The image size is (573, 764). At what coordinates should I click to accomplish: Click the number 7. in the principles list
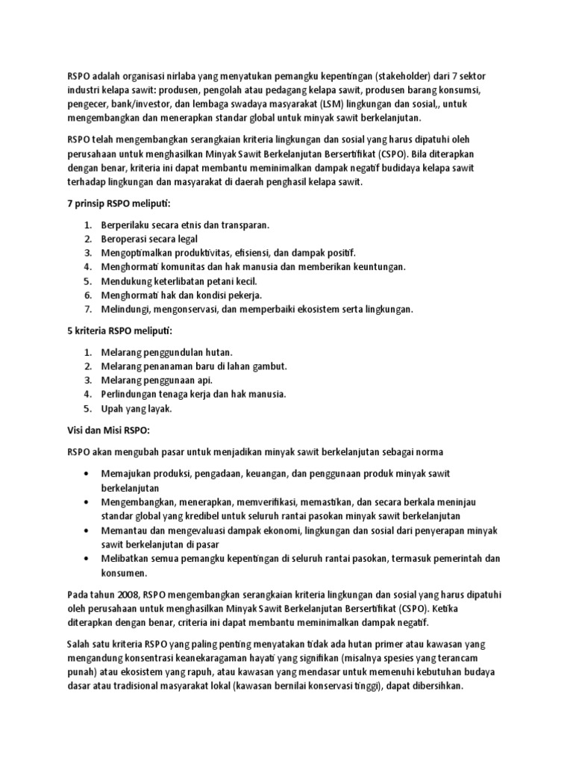pyautogui.click(x=87, y=309)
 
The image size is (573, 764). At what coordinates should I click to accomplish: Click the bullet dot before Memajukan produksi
pyautogui.click(x=87, y=475)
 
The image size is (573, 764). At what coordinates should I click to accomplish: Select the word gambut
pyautogui.click(x=270, y=366)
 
